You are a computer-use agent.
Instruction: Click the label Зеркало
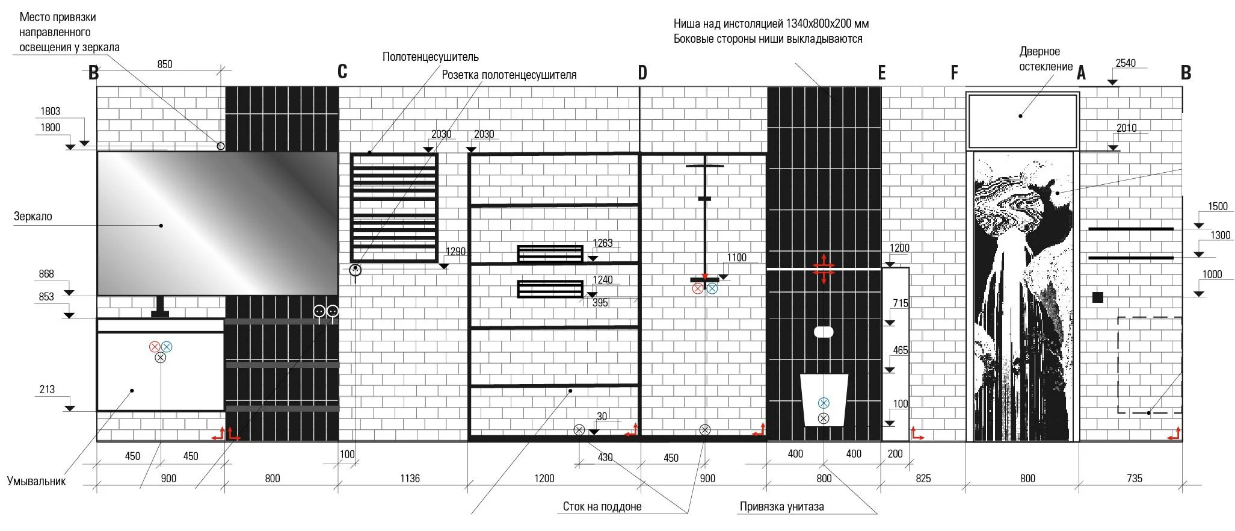(33, 217)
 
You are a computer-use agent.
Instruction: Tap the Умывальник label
(36, 481)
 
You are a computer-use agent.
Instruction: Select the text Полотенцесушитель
(431, 57)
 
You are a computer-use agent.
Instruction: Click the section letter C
(342, 72)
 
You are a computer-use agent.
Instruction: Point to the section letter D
(642, 73)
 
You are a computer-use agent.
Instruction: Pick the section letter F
(954, 73)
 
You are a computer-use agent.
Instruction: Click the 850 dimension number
(165, 64)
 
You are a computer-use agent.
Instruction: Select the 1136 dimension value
(410, 479)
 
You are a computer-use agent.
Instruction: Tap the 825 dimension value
(923, 479)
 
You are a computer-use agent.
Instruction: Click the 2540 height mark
(1126, 63)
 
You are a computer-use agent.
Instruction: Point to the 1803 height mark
(51, 111)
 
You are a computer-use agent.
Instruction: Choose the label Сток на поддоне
(602, 507)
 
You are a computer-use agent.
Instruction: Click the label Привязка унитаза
(781, 507)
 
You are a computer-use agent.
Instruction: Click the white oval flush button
(824, 332)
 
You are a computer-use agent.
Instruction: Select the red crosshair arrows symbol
(824, 269)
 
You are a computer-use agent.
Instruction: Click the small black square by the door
(1098, 297)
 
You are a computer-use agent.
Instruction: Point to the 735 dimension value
(1134, 479)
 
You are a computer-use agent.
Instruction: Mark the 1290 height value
(455, 252)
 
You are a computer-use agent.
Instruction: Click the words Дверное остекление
(1046, 59)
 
